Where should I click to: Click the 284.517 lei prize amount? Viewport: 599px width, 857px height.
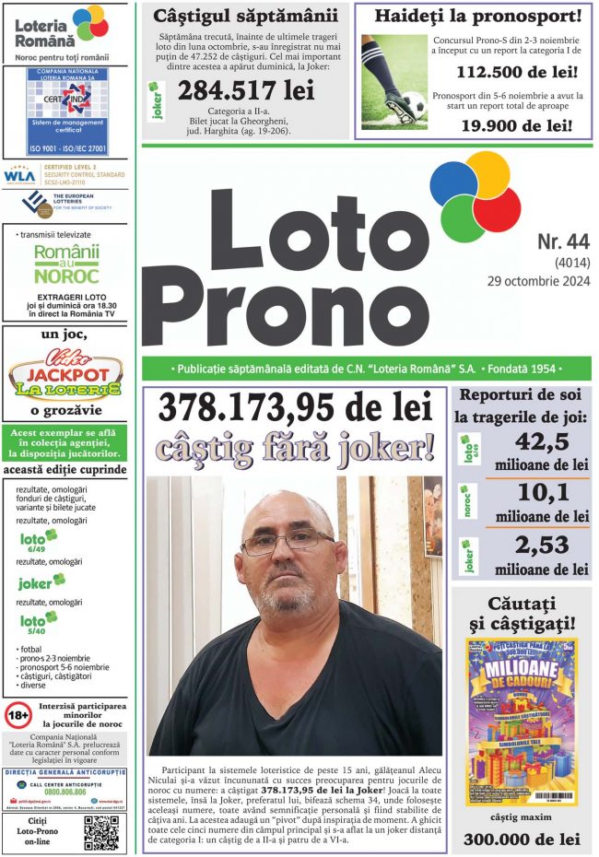pos(246,90)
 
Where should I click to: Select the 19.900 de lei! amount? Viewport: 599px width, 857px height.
pos(515,125)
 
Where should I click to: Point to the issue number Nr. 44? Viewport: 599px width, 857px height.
pos(562,242)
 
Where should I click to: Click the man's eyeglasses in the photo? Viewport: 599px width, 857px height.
pos(287,541)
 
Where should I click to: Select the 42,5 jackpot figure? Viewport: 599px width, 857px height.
pos(541,442)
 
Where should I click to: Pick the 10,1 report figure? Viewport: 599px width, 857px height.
pos(541,494)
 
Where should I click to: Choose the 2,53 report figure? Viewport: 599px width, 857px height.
pos(541,546)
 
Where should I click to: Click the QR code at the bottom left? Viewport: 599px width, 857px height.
pos(101,832)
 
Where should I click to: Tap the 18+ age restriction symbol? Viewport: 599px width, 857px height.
pos(18,714)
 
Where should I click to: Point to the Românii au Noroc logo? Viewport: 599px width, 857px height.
pos(66,264)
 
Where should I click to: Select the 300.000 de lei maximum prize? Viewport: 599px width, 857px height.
pos(522,839)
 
